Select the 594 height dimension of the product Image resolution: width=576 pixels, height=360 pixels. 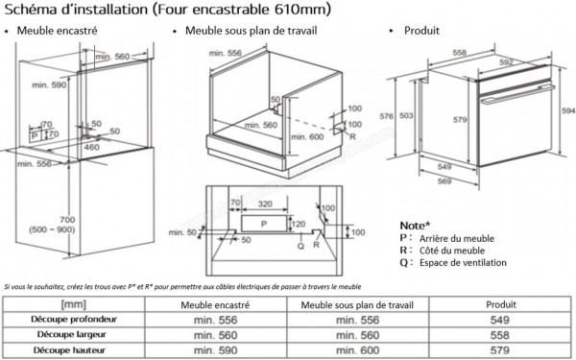[x=568, y=111]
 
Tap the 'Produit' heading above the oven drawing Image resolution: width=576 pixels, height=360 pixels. [x=420, y=31]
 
